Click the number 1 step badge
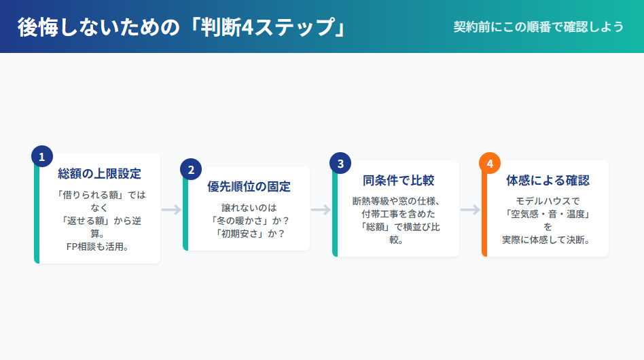click(41, 157)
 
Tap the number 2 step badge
click(191, 170)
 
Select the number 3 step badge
click(340, 163)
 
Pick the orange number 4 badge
click(490, 164)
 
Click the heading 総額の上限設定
click(99, 173)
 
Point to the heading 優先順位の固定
click(249, 187)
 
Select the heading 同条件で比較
click(398, 180)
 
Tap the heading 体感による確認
click(548, 180)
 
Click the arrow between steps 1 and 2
click(171, 209)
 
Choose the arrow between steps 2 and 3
click(321, 209)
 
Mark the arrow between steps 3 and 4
click(470, 209)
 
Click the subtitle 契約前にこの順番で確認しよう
click(539, 26)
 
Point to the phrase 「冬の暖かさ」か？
click(249, 220)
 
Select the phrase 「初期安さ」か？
click(249, 233)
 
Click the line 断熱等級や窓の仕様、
click(398, 200)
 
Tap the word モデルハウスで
click(548, 200)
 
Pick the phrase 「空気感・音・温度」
click(548, 213)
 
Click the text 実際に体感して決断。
click(548, 240)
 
